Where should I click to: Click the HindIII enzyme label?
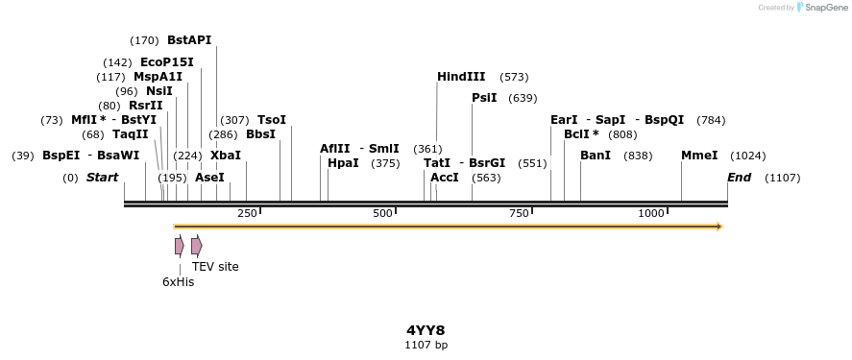(461, 77)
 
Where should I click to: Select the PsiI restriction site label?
(484, 98)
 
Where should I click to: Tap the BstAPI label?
(189, 40)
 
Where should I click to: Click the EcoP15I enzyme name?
(167, 62)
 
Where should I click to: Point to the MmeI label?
(699, 156)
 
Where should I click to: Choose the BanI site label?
(596, 156)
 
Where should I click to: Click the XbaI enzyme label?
(226, 156)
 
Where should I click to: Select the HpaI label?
(343, 163)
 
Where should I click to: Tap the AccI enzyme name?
(445, 178)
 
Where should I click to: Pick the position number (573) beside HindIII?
(514, 77)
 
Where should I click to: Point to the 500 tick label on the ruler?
(383, 212)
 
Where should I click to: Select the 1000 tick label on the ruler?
(651, 212)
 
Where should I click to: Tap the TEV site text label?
(215, 267)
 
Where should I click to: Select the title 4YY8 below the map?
(426, 330)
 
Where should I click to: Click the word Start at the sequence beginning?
(103, 178)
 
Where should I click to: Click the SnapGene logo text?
(824, 8)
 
